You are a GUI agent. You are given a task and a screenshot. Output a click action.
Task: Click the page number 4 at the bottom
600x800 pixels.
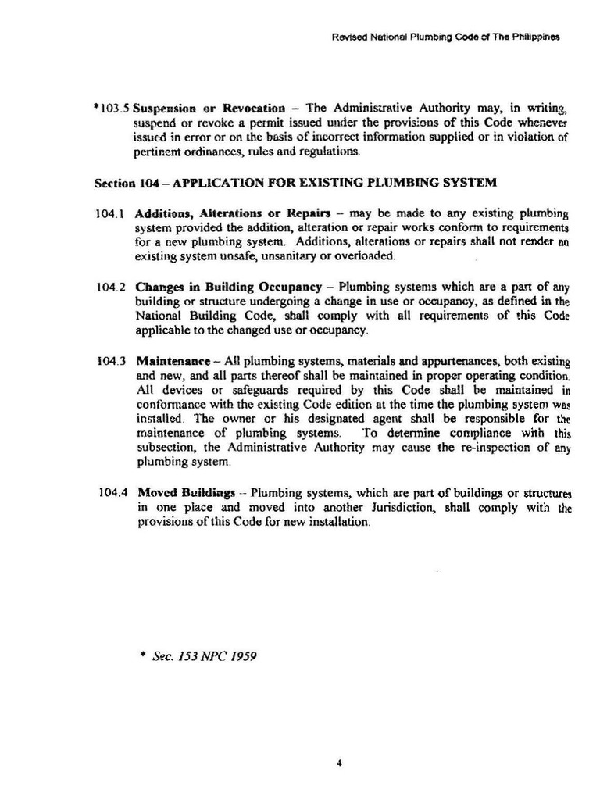[338, 763]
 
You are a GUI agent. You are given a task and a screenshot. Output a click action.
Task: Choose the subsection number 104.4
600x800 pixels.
[114, 493]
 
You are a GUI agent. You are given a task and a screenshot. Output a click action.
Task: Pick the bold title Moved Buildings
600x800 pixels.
[187, 493]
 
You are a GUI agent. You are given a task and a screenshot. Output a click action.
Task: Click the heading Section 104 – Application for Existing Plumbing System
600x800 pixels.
[295, 184]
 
